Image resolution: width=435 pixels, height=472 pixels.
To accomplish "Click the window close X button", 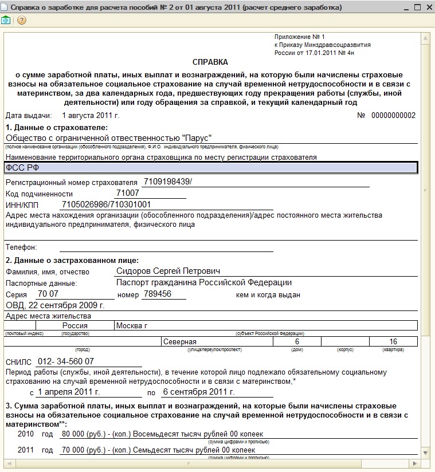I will [426, 7].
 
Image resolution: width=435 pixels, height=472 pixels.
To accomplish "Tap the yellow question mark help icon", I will [22, 20].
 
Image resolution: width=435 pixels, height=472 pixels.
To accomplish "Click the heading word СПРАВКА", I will [210, 62].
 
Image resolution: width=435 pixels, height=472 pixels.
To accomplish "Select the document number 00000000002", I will [393, 116].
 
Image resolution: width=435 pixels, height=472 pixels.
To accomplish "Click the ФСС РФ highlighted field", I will [211, 167].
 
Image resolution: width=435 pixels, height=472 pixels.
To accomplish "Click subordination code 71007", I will [128, 193].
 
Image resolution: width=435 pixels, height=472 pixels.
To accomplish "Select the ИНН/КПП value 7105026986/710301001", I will [106, 204].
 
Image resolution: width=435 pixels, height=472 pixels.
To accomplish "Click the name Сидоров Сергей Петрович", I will [168, 271].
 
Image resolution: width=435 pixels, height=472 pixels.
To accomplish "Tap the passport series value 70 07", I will [48, 294].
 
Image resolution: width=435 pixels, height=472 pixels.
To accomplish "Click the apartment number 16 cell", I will [393, 342].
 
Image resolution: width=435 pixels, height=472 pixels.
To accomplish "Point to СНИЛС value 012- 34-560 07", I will [65, 361].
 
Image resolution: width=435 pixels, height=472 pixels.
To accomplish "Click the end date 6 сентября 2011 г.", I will [198, 392].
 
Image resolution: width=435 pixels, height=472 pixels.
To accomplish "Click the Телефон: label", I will [21, 247].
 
